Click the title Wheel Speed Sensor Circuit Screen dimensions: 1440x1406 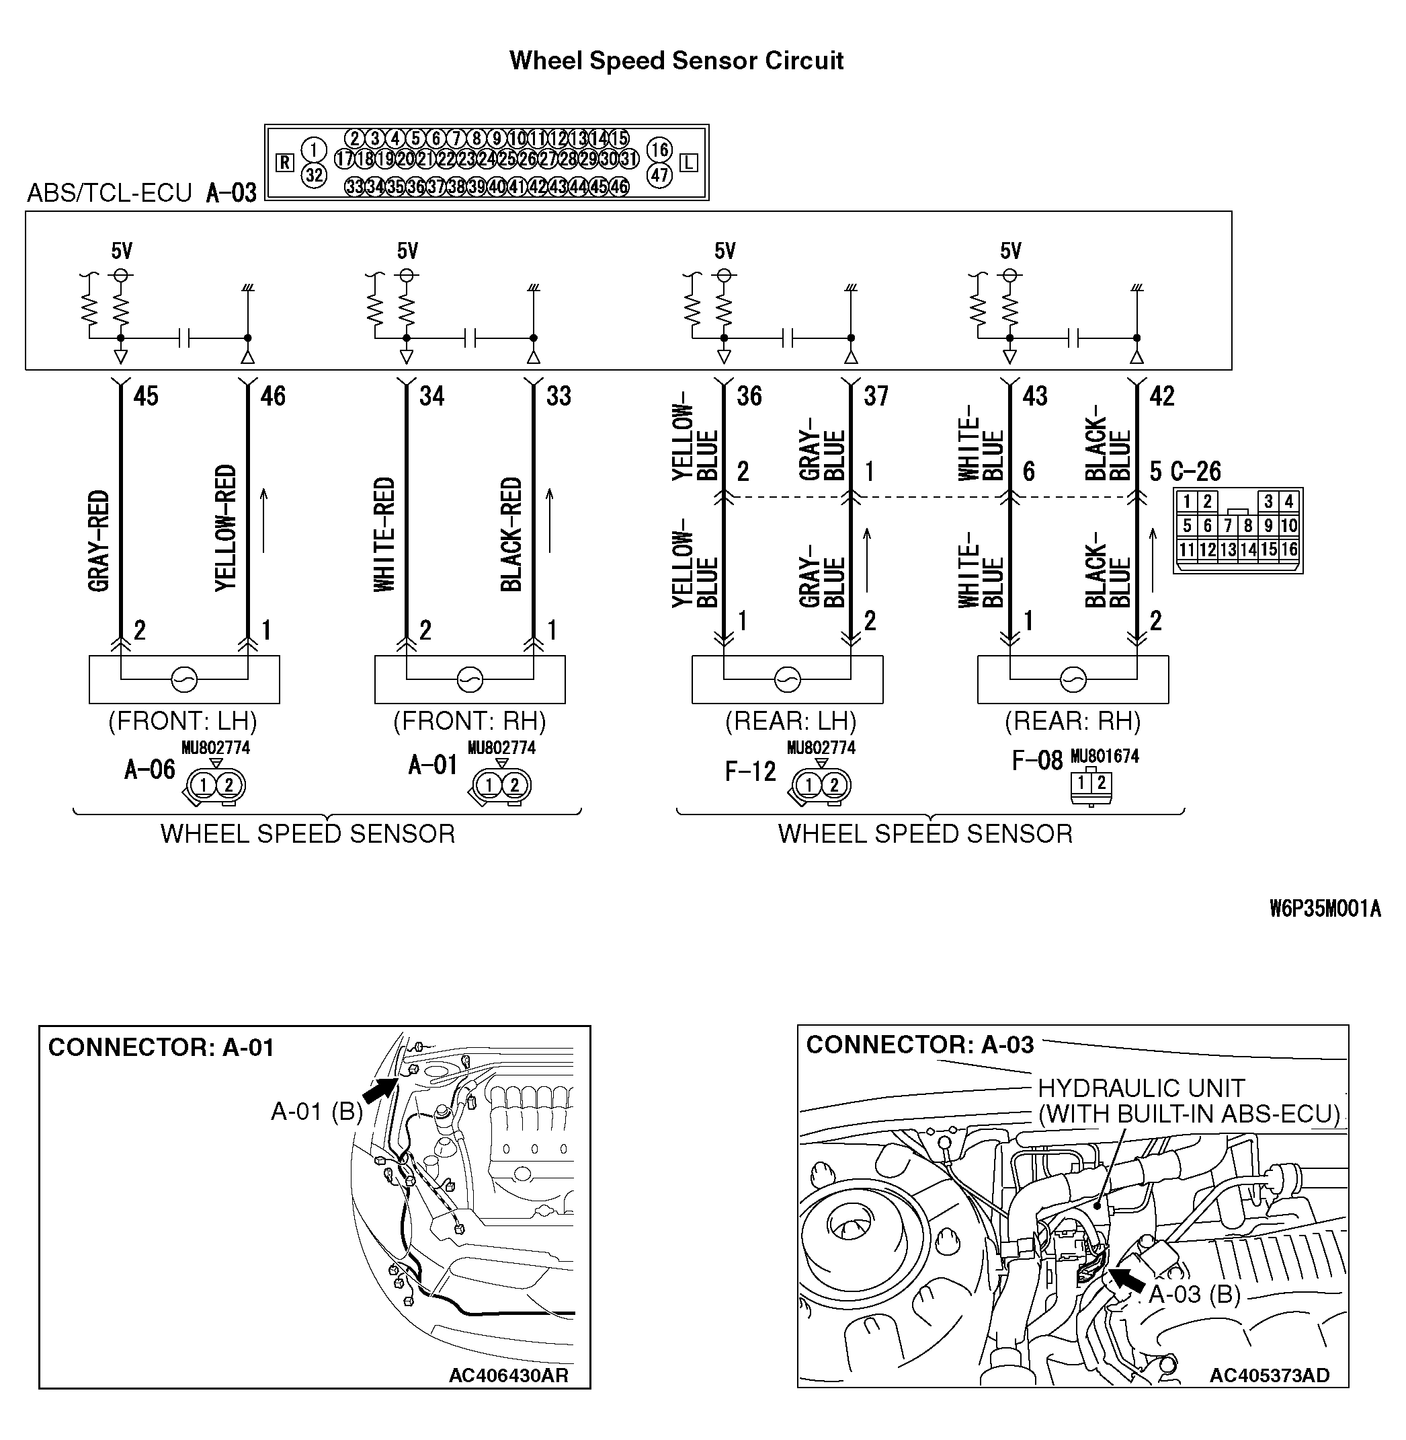(675, 61)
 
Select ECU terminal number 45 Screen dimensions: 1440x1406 (145, 397)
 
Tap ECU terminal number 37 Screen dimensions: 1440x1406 (876, 397)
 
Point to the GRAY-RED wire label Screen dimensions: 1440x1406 (99, 541)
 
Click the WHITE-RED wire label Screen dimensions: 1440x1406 (384, 534)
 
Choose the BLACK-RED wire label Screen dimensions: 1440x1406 (511, 534)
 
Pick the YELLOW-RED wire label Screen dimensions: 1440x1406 (226, 527)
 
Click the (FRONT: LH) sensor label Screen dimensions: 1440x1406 (182, 720)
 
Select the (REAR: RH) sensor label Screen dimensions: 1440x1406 (1072, 720)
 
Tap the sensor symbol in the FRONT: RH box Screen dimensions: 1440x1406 (470, 679)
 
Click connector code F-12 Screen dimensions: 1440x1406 (750, 772)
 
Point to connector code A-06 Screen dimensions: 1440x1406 (150, 770)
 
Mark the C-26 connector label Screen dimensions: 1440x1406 (1196, 471)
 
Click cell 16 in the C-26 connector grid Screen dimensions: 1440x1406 (1288, 550)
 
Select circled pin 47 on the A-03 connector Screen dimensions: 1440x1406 (659, 175)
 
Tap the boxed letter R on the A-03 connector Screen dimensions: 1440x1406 (285, 163)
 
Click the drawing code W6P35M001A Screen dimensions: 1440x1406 (1325, 909)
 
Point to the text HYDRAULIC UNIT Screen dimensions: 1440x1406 (1141, 1088)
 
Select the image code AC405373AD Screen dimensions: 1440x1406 (1270, 1375)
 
